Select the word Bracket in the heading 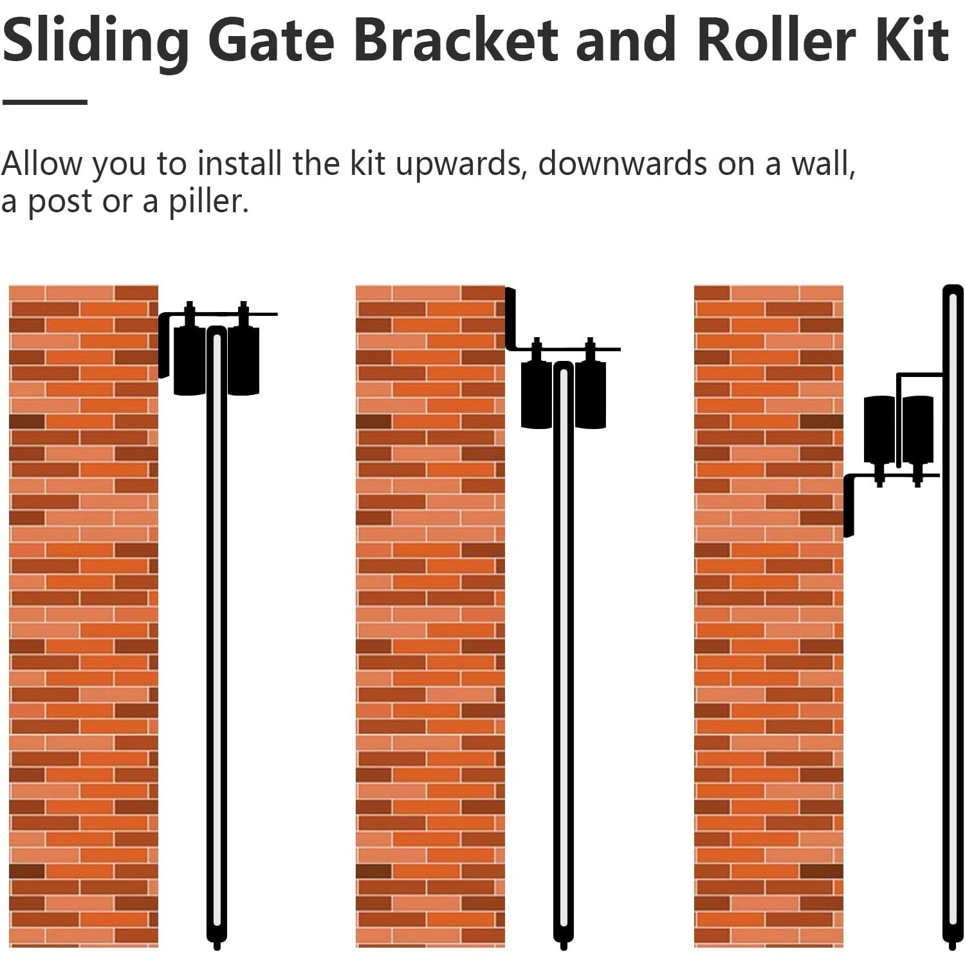coord(455,40)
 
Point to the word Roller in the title coord(777,40)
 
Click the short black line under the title coord(44,102)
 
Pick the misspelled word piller coord(208,202)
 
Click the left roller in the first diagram coord(190,360)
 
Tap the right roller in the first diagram coord(243,360)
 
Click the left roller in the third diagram coord(879,430)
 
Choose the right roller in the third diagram coord(918,430)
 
